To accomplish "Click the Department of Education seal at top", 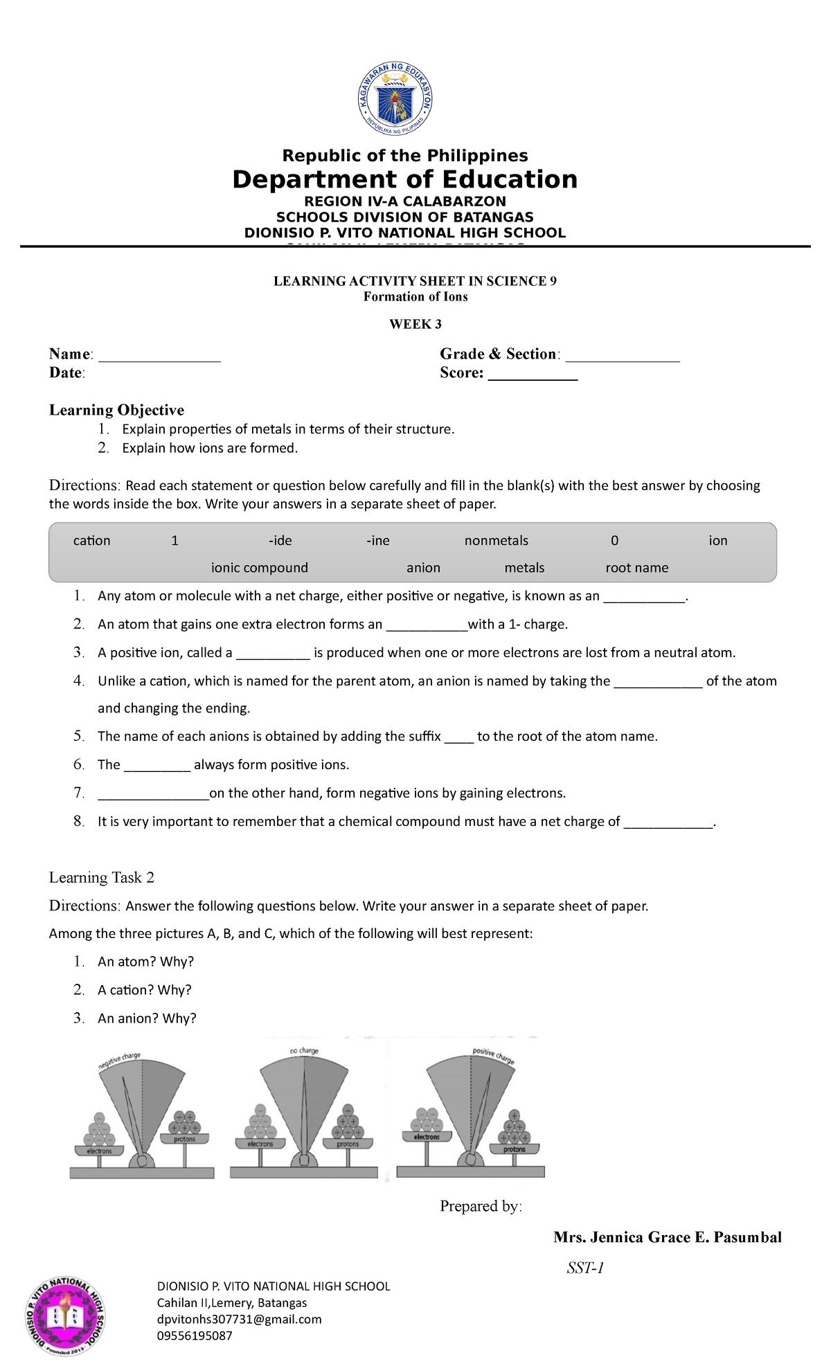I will coord(395,100).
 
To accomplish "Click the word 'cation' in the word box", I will coord(91,541).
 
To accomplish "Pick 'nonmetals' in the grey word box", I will coord(496,541).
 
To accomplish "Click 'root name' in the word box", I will coord(636,568).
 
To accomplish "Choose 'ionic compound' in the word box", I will coord(259,568).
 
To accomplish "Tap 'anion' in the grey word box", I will coord(423,568).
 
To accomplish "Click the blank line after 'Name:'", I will coord(159,358).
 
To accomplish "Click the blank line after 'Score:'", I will coord(533,377).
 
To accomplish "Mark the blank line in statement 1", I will coord(643,600).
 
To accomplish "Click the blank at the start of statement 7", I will coord(153,797).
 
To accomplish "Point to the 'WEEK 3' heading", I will coord(415,324).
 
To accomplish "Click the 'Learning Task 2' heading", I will coord(101,878).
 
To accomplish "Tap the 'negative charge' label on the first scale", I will coord(119,1061).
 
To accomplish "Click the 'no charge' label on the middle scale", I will coord(304,1050).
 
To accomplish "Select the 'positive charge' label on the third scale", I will coord(493,1056).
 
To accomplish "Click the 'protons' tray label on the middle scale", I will coord(348,1144).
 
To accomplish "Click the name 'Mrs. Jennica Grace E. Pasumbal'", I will coord(667,1237).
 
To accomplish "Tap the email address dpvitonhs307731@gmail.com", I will coord(239,1319).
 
